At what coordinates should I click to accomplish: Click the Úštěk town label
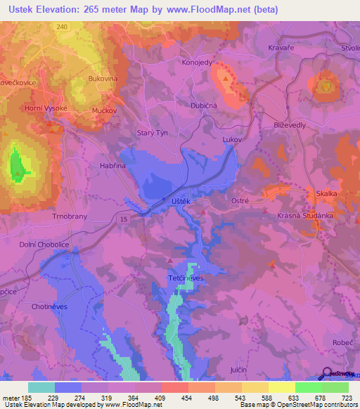click(x=182, y=201)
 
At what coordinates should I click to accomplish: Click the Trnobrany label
click(x=69, y=217)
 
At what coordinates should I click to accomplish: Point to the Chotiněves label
click(x=50, y=306)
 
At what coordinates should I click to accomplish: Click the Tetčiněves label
click(x=186, y=278)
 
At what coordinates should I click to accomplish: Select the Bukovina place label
click(x=103, y=79)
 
